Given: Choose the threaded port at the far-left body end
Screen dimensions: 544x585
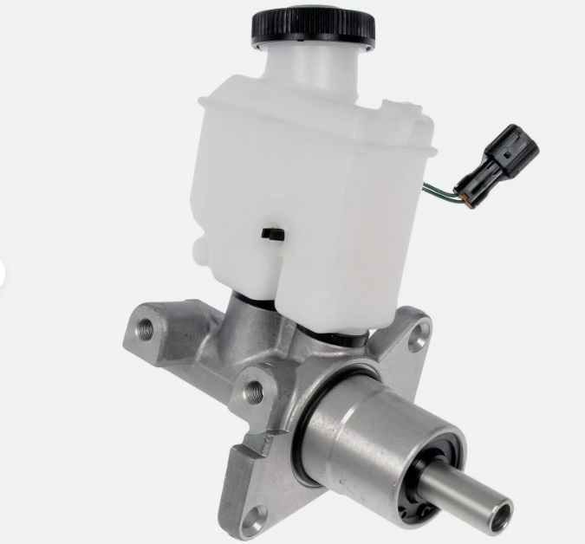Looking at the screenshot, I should click(x=142, y=330).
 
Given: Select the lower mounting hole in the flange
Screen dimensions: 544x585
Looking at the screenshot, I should click(x=255, y=517).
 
